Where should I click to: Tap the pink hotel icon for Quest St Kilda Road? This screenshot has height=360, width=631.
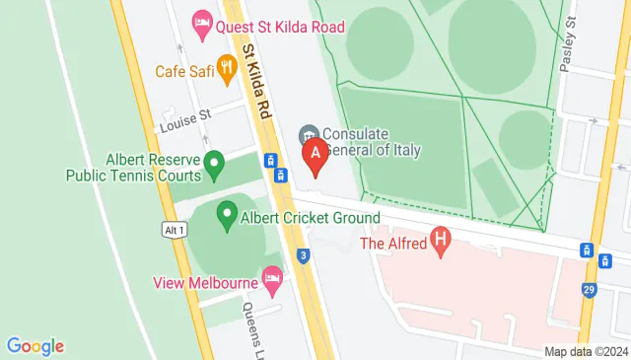(x=201, y=21)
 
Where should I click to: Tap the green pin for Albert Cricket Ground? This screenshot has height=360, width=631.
(x=227, y=211)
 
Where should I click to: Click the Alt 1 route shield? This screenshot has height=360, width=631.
(x=175, y=230)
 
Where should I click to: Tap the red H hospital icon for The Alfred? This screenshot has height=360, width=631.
(x=441, y=240)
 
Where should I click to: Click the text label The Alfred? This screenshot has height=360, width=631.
(x=391, y=243)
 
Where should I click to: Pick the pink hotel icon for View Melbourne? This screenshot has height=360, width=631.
(x=272, y=283)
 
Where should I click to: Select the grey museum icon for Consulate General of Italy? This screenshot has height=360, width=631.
(x=309, y=133)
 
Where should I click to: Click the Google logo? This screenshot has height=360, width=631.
(x=35, y=345)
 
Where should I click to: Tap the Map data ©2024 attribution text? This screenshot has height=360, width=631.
(x=586, y=351)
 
